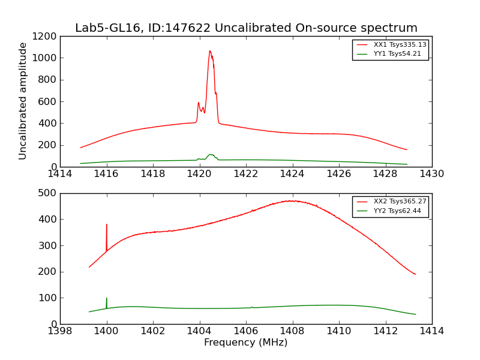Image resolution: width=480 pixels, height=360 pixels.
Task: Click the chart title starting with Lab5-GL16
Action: (246, 28)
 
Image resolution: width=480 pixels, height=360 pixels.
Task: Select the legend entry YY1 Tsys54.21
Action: (397, 54)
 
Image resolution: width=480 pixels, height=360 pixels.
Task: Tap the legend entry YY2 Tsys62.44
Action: (397, 211)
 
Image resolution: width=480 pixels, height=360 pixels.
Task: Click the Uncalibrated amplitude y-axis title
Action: (23, 101)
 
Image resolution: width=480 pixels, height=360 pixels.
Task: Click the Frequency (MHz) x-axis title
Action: (246, 343)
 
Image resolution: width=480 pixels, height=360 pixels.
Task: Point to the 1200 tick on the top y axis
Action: (46, 36)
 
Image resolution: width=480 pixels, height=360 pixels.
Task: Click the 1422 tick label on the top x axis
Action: (246, 174)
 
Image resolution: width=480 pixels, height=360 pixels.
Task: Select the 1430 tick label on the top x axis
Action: (432, 174)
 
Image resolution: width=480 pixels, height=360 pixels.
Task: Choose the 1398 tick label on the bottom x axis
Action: (60, 331)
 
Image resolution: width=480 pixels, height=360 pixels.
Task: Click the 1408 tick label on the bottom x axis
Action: (292, 331)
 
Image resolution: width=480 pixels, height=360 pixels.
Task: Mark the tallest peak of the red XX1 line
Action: (210, 51)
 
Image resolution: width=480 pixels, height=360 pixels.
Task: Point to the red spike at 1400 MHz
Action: (107, 226)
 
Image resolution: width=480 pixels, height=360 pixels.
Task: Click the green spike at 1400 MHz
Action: (107, 299)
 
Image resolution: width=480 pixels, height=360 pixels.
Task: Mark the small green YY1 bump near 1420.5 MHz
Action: (211, 155)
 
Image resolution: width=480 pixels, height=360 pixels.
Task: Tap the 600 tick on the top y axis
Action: (48, 101)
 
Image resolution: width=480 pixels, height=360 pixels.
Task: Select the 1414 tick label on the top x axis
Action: (60, 174)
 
